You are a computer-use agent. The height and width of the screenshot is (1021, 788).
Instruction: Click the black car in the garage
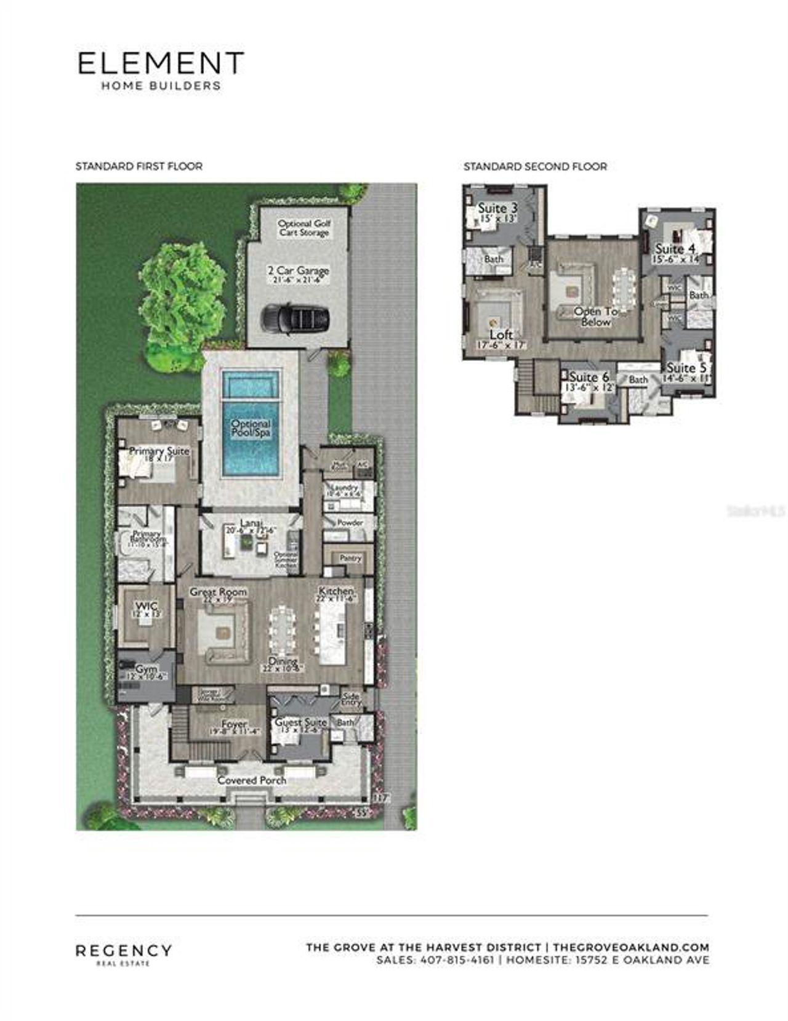tap(297, 318)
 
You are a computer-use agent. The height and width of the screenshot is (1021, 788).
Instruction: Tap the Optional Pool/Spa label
tap(251, 428)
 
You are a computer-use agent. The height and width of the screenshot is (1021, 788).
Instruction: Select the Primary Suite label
tap(159, 451)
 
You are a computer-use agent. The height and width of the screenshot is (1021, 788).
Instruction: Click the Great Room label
tap(218, 592)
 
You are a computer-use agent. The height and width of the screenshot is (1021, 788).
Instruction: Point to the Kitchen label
tap(336, 591)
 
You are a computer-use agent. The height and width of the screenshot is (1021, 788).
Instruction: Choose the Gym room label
tap(147, 669)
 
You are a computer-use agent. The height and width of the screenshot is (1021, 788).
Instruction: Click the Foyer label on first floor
tap(235, 724)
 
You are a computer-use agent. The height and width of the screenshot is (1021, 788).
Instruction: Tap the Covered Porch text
tap(252, 780)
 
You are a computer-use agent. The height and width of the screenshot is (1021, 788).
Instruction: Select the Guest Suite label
tap(300, 722)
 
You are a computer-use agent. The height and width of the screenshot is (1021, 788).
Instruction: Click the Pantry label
tap(350, 558)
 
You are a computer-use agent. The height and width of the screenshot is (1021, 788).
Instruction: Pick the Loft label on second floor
tap(501, 334)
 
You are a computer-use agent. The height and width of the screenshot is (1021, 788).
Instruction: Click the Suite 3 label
tap(497, 208)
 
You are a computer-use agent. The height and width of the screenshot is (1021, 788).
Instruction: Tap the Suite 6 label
tap(589, 377)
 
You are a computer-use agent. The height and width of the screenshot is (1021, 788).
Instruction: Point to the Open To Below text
tap(596, 317)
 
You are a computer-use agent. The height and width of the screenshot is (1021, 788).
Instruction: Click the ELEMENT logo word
tap(161, 63)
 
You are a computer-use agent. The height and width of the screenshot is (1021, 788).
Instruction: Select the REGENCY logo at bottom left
tap(124, 951)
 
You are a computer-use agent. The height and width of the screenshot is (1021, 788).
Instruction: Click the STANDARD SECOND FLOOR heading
tap(535, 166)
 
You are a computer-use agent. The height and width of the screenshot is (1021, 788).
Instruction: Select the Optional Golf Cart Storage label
tap(304, 228)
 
